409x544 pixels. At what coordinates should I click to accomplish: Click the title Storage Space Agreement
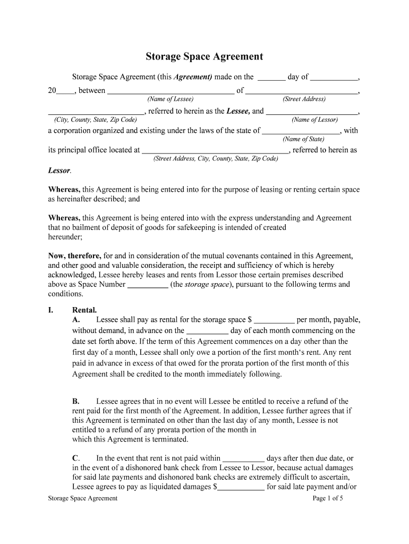[204, 56]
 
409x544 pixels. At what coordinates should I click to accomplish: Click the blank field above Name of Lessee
[171, 91]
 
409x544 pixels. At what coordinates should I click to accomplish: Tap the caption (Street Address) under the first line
[304, 99]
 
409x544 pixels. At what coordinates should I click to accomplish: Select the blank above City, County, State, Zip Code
[96, 112]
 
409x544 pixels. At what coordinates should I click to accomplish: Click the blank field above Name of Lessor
[312, 112]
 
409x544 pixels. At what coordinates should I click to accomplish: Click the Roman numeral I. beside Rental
[52, 310]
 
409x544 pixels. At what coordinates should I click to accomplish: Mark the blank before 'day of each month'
[208, 331]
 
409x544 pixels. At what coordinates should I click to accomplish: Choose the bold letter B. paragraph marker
[76, 402]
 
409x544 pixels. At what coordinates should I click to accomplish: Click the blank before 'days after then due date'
[243, 459]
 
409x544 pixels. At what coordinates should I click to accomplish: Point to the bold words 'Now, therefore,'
[75, 256]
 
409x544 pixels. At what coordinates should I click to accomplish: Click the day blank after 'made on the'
[271, 78]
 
